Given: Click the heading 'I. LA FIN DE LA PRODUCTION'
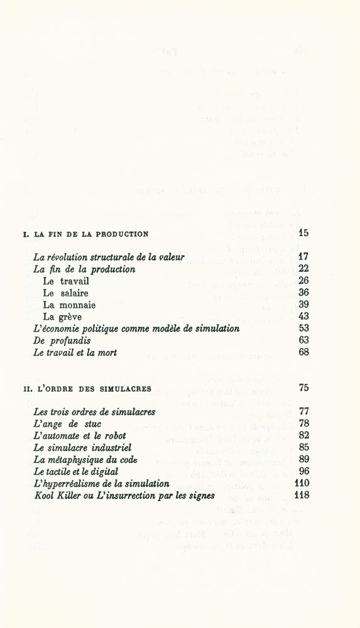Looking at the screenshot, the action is tap(85, 234).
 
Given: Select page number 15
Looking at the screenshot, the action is tap(303, 234).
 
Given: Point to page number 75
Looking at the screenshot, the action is tap(303, 388).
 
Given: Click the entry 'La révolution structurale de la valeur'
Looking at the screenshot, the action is tap(109, 257).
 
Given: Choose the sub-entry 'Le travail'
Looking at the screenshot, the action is tap(66, 281).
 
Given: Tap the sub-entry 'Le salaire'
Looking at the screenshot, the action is tap(65, 293).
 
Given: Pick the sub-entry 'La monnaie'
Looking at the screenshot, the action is tap(69, 305).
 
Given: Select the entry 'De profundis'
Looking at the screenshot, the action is tap(62, 340).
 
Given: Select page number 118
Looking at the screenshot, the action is tap(302, 495).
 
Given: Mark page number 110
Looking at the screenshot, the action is tap(302, 484).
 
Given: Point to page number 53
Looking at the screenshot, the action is tap(303, 328).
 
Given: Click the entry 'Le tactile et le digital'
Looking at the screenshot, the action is tap(76, 472).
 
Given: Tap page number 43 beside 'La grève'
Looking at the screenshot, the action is tap(303, 317).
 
